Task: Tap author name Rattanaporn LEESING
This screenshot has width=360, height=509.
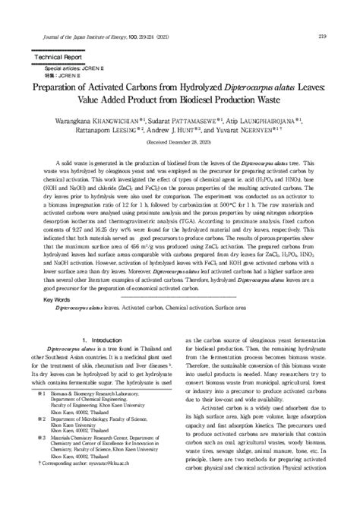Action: click(x=96, y=130)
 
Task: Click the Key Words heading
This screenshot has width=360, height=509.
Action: click(x=58, y=300)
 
